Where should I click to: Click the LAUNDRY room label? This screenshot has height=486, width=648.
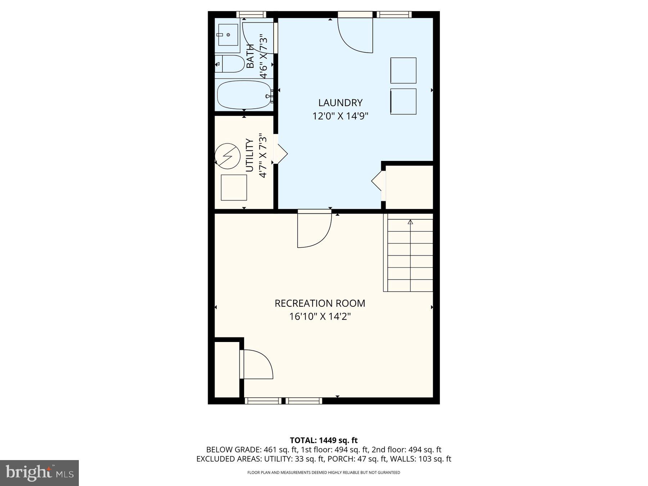click(340, 103)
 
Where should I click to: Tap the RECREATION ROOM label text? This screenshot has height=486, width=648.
click(320, 303)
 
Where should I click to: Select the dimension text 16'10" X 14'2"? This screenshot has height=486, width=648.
click(320, 317)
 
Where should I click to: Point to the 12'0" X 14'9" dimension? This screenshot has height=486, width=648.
click(340, 116)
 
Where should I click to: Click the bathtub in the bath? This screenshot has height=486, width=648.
click(244, 95)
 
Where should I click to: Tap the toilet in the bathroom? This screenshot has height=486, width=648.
click(230, 64)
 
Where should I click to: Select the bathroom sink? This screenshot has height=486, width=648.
click(228, 35)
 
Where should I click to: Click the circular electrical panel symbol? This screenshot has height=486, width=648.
click(228, 156)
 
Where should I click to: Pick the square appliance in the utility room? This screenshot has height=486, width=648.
click(234, 187)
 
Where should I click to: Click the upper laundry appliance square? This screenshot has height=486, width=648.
click(403, 71)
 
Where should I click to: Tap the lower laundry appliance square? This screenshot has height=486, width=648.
click(403, 102)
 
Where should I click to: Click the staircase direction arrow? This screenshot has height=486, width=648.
click(410, 222)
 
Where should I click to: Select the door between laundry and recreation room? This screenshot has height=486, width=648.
click(314, 229)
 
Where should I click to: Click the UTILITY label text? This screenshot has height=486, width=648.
click(249, 155)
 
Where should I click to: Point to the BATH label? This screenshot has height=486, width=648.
click(250, 56)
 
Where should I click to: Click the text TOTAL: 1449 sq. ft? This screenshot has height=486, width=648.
click(324, 440)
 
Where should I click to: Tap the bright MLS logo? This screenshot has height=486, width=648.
click(39, 473)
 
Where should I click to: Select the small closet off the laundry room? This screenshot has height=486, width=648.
click(409, 187)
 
